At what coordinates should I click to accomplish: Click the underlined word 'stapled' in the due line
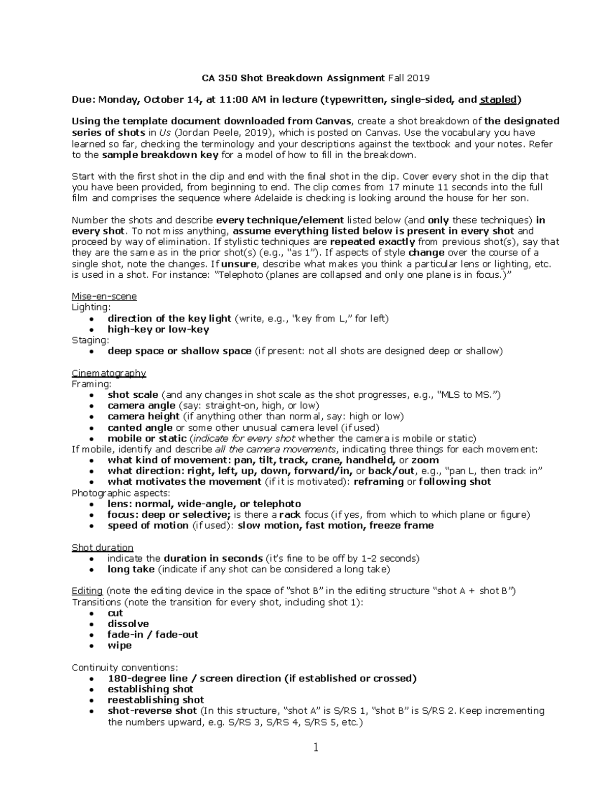coord(498,100)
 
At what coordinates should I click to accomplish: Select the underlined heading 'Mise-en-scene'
coord(104,297)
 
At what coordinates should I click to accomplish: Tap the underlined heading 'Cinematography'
coord(109,373)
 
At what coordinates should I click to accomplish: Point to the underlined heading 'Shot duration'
coord(102,548)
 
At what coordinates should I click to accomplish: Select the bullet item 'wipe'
coord(119,646)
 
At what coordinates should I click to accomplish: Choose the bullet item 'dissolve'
coord(128,624)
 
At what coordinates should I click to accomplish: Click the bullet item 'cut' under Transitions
coord(115,613)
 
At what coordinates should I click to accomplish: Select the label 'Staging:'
coord(90,340)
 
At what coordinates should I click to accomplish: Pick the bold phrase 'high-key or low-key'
coord(158,330)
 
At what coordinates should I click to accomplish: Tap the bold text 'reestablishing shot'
coord(156,700)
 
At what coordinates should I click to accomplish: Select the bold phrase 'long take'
coord(131,569)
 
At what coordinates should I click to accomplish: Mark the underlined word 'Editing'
coord(87,591)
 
